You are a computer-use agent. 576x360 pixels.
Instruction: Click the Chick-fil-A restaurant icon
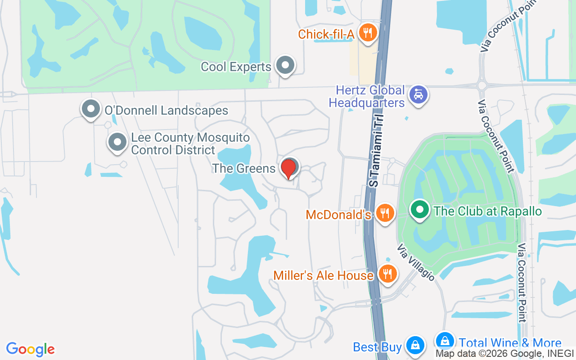click(368, 32)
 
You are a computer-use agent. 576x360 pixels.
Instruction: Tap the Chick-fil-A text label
click(327, 34)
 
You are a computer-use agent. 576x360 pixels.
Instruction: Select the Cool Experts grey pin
click(285, 66)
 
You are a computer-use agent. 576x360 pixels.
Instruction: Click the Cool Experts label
click(236, 67)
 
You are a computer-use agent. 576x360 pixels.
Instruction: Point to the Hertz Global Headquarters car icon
click(418, 94)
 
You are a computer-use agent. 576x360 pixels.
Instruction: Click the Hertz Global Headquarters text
click(367, 97)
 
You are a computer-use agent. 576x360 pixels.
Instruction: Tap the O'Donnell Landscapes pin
click(91, 109)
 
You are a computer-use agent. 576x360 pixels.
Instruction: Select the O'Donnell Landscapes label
click(166, 111)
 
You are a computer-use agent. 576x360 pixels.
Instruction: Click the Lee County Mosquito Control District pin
click(117, 142)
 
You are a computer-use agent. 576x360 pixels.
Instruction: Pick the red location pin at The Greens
click(288, 168)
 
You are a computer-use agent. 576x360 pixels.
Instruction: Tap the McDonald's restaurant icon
click(384, 213)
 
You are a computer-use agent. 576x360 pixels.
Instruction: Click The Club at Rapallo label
click(487, 211)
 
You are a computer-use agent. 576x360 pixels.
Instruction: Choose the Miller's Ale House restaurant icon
click(387, 273)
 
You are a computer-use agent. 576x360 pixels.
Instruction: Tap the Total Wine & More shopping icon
click(445, 341)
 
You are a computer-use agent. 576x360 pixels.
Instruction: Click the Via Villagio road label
click(416, 263)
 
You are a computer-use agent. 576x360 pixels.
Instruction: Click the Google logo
click(31, 349)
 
